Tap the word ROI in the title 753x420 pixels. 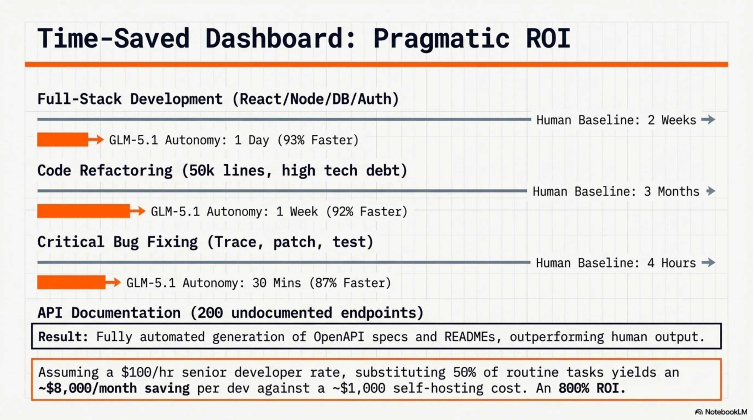coord(548,39)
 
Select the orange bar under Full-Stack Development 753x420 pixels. coord(63,140)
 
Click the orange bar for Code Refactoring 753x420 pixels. coord(83,211)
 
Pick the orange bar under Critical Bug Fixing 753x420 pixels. coord(71,282)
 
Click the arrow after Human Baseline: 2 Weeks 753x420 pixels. coord(708,119)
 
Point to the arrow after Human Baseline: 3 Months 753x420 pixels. coord(711,191)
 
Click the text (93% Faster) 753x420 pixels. coord(318,140)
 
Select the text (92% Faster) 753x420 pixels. coord(367,211)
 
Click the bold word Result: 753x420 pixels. coord(63,337)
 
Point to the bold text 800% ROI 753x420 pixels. coord(592,388)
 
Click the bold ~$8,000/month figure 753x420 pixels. coord(88,388)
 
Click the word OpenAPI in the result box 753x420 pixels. coord(339,337)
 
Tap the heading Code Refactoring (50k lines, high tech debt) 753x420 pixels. coord(222,171)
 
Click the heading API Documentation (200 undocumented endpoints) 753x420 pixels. coord(230,313)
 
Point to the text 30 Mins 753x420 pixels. coord(277,283)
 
